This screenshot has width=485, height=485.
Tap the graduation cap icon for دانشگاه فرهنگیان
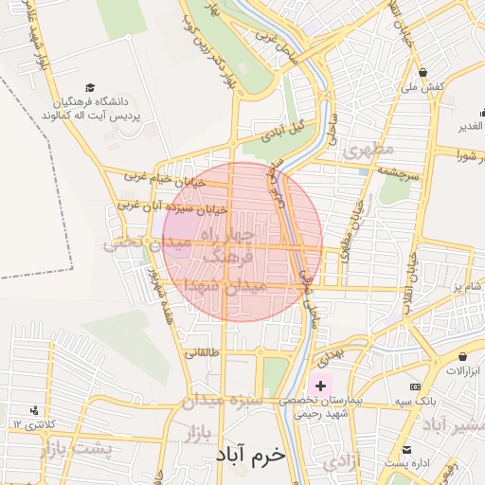coord(90,87)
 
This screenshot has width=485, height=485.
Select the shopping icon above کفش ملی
coord(422,73)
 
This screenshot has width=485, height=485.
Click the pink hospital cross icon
coord(320,385)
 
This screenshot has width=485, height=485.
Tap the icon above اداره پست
coord(407,449)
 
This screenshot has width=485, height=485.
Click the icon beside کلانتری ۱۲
coord(34,410)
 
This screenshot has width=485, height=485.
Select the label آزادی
coord(339,463)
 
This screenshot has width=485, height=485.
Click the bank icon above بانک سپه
coord(415,386)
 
